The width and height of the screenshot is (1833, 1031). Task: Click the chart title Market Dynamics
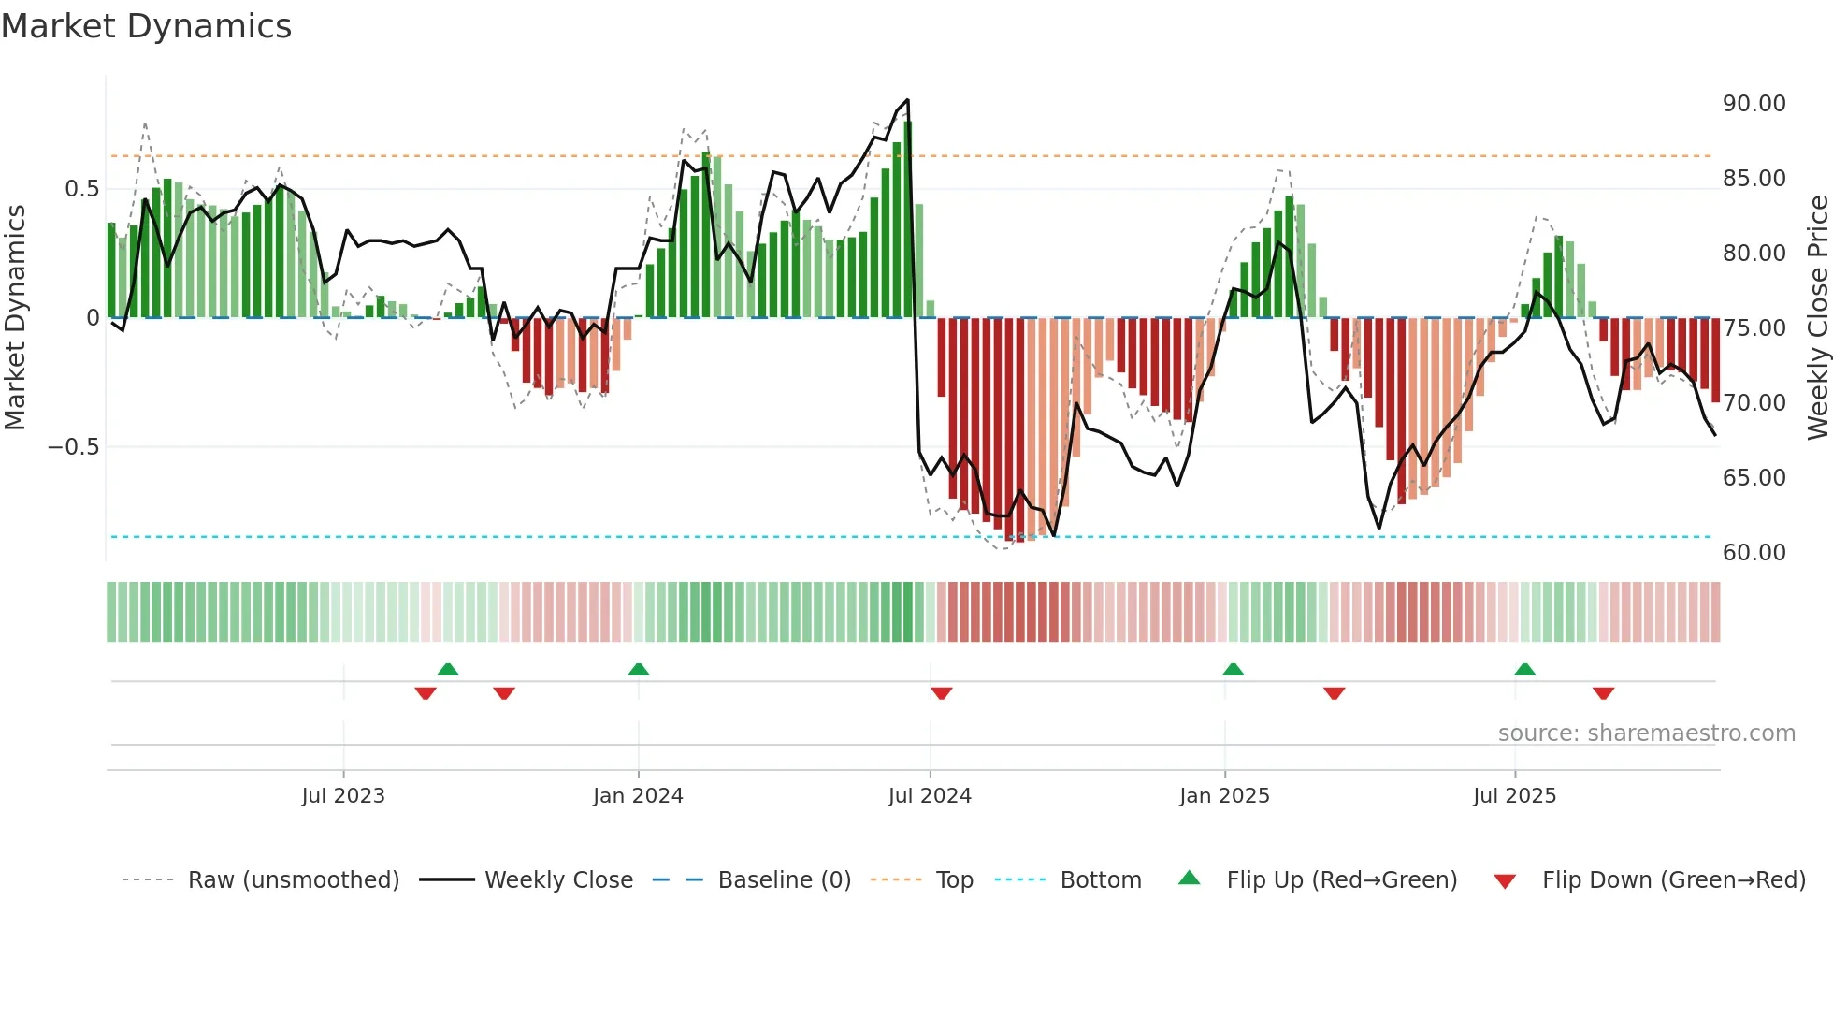tap(146, 26)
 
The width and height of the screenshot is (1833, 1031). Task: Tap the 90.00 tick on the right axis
tap(1754, 104)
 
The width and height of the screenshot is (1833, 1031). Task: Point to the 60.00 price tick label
tap(1754, 553)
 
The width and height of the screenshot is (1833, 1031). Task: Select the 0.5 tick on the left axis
tap(81, 189)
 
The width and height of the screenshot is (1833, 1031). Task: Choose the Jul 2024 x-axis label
tap(929, 796)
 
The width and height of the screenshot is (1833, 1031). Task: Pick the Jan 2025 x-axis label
tap(1223, 796)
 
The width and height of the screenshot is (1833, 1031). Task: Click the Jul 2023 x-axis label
tap(342, 796)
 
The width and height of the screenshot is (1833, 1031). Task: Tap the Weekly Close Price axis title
tap(1817, 318)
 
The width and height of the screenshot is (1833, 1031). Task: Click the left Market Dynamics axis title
tap(15, 318)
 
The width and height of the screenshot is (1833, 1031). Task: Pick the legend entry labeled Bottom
tap(1100, 880)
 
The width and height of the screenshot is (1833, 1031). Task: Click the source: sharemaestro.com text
tap(1646, 733)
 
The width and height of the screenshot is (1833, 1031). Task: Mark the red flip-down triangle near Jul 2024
tap(941, 693)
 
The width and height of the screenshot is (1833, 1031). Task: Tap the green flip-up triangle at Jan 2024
tap(638, 669)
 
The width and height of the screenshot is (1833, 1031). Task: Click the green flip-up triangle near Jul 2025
tap(1524, 669)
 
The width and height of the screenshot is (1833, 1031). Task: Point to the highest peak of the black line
tap(907, 100)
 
